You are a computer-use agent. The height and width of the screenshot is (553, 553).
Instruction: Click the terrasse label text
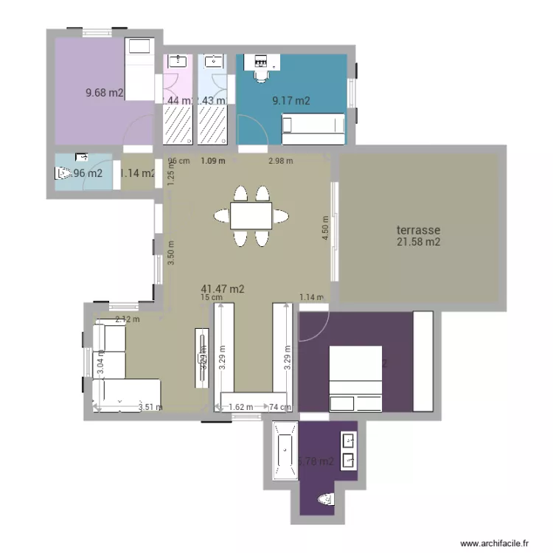418,230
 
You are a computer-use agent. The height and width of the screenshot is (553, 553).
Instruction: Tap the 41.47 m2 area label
223,290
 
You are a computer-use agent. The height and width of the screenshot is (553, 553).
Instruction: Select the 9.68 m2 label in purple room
105,93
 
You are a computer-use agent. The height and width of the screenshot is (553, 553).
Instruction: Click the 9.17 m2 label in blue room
291,102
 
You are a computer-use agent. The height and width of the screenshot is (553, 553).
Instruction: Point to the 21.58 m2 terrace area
418,242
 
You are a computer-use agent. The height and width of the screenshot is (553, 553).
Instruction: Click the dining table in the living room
251,215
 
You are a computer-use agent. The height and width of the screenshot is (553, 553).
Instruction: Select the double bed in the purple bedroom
355,378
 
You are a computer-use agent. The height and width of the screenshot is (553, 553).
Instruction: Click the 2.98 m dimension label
280,161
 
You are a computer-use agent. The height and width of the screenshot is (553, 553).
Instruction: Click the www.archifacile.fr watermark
495,542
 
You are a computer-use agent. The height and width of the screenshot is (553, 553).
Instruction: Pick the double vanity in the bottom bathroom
349,451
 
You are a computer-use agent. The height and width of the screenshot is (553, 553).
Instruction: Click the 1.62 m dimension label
241,406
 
